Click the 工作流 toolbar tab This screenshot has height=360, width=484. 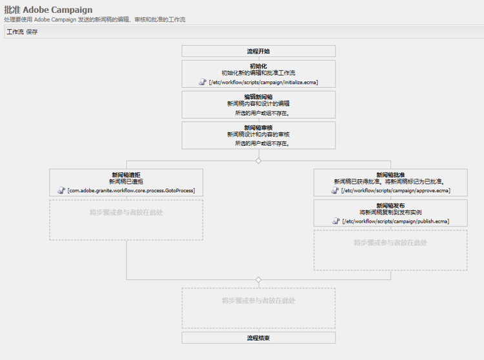(15, 32)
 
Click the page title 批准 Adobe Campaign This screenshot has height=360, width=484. (48, 10)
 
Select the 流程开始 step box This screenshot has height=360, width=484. (258, 51)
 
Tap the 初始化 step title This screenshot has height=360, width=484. (258, 66)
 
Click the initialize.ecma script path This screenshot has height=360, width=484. (263, 83)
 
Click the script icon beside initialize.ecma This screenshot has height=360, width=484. (203, 83)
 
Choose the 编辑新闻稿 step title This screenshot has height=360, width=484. (258, 97)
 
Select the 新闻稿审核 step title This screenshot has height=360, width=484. (258, 128)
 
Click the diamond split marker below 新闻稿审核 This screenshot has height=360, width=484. (258, 161)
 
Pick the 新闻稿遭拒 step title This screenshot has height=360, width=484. (126, 175)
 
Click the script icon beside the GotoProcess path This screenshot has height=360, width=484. (62, 191)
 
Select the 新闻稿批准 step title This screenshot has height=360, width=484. (390, 175)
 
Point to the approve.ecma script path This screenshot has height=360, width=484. (395, 191)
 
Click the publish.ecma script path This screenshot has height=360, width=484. (395, 221)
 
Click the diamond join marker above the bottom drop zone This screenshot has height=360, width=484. (258, 280)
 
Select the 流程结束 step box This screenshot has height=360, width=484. (258, 338)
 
